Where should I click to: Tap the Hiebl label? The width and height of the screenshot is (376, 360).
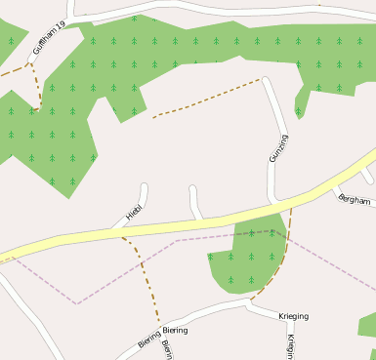pos(134,209)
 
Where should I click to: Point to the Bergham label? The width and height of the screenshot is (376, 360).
pos(354,200)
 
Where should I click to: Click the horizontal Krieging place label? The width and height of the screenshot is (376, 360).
pos(294,317)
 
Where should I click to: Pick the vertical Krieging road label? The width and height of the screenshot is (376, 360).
pos(291,346)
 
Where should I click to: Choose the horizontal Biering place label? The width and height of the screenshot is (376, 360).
pos(175,331)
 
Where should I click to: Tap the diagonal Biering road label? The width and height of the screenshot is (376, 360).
pos(148,340)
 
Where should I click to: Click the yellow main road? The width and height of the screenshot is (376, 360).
pos(195,225)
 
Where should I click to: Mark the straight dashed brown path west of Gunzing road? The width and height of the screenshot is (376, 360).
pos(205,99)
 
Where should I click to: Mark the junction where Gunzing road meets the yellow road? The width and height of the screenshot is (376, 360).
pos(273,206)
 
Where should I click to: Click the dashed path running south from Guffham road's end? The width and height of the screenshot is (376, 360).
pos(37,88)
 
